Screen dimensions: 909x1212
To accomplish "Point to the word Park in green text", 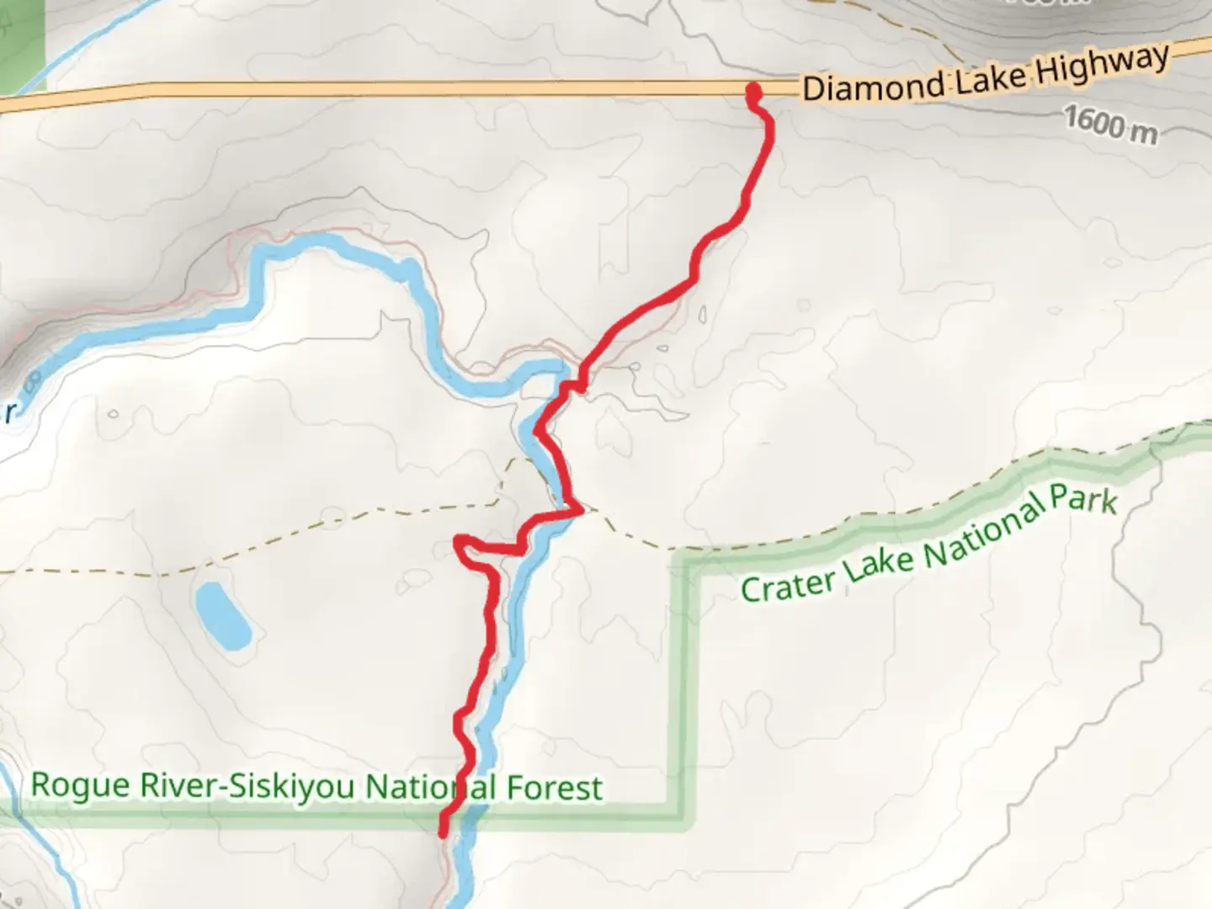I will click(x=1083, y=499).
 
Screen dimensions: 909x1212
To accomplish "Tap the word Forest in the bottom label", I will click(x=554, y=788).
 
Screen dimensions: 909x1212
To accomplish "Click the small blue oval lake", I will click(x=222, y=615).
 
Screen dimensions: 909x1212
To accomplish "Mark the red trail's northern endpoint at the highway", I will click(x=753, y=90).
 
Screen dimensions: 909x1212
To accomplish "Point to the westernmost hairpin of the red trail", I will click(x=459, y=540).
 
